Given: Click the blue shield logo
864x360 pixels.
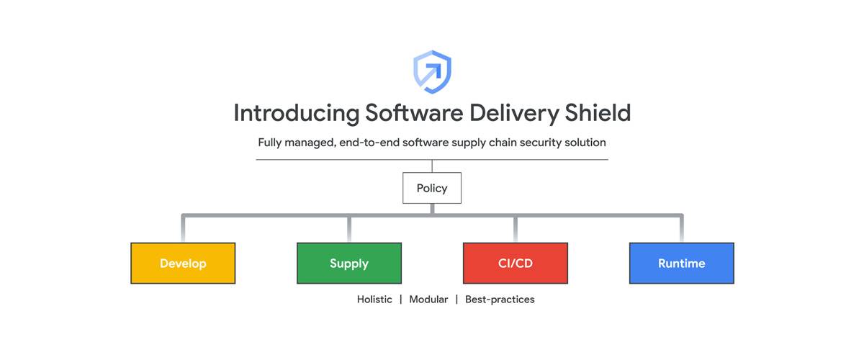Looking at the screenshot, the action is tap(432, 71).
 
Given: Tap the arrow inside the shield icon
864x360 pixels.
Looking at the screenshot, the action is tap(433, 72).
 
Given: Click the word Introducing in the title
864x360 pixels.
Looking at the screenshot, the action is tap(296, 113).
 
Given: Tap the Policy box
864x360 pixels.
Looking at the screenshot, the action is tap(432, 189).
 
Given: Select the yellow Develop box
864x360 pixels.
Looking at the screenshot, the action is tap(183, 264).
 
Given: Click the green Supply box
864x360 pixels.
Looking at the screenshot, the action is tap(349, 264).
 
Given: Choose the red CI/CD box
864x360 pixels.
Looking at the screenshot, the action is tap(516, 264).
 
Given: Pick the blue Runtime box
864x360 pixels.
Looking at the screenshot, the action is tap(681, 264).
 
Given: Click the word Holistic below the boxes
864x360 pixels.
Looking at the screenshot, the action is tap(374, 300).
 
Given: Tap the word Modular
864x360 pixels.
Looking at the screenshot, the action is tap(428, 300).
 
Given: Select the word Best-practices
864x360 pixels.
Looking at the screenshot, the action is tap(500, 300).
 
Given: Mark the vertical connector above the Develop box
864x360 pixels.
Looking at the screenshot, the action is tap(183, 229).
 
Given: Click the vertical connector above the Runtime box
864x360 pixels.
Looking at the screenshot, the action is tap(681, 229).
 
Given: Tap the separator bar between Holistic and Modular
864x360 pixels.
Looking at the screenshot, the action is tap(401, 300).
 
